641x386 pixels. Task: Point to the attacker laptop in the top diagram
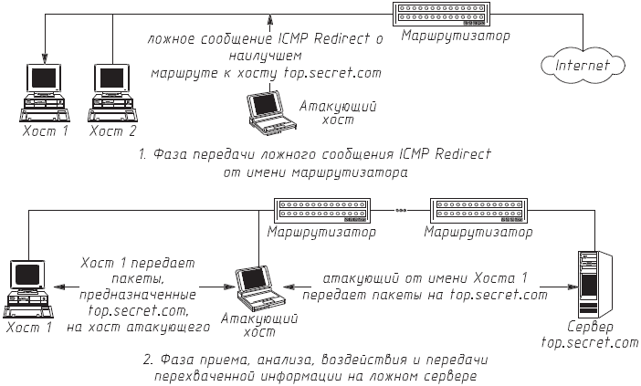point(270,108)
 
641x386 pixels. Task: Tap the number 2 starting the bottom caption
point(147,359)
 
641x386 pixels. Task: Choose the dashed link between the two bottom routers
point(401,211)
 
